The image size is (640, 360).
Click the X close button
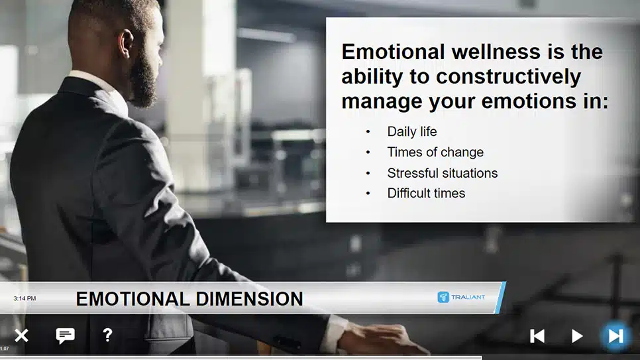coord(21,336)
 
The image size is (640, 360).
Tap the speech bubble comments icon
coord(66,336)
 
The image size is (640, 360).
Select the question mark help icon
coord(107,335)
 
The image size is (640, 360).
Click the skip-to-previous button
coord(537,336)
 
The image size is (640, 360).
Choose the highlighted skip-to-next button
coord(615,336)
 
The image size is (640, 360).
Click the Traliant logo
coord(461,297)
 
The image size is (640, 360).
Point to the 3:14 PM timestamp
coord(25,298)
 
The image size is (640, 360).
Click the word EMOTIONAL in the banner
coord(133,299)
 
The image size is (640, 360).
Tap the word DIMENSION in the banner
coord(249,299)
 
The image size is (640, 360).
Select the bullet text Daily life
coord(412,131)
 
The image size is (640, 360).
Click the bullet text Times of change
coord(435,152)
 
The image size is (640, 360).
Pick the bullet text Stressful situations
coord(443,173)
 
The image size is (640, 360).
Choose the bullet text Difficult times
coord(426,193)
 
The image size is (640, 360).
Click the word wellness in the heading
coord(496,52)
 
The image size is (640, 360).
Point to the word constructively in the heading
coord(509,77)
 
